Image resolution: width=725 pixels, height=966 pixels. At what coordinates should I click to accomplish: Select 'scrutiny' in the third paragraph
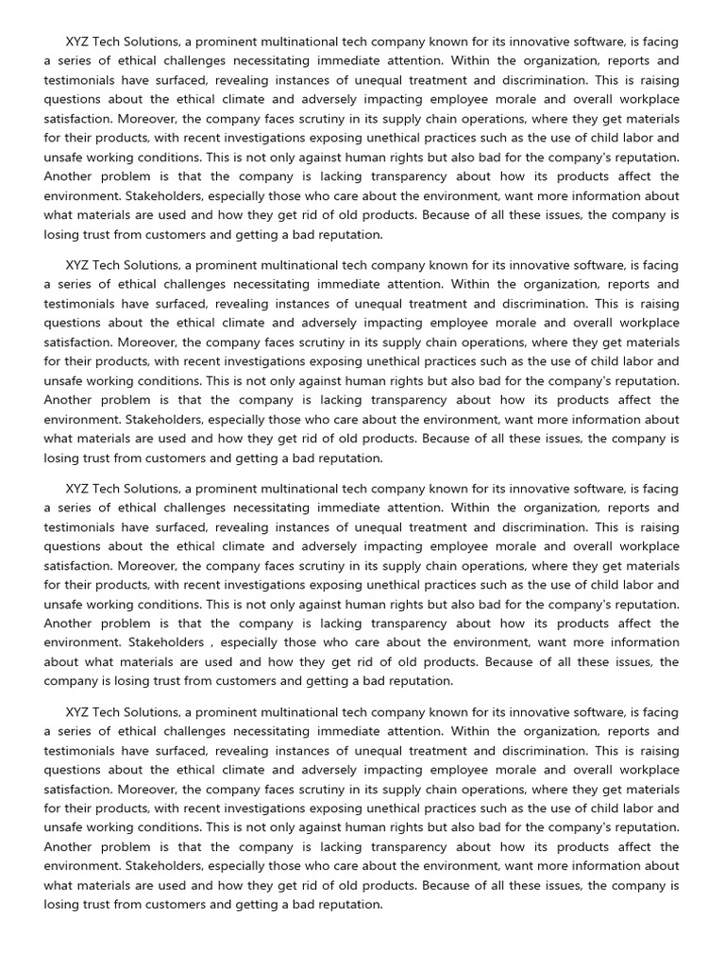pos(304,566)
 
